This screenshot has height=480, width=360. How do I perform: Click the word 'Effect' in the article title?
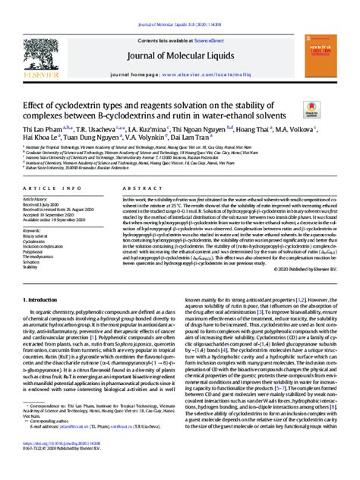[43, 104]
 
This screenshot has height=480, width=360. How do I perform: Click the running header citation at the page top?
[179, 5]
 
